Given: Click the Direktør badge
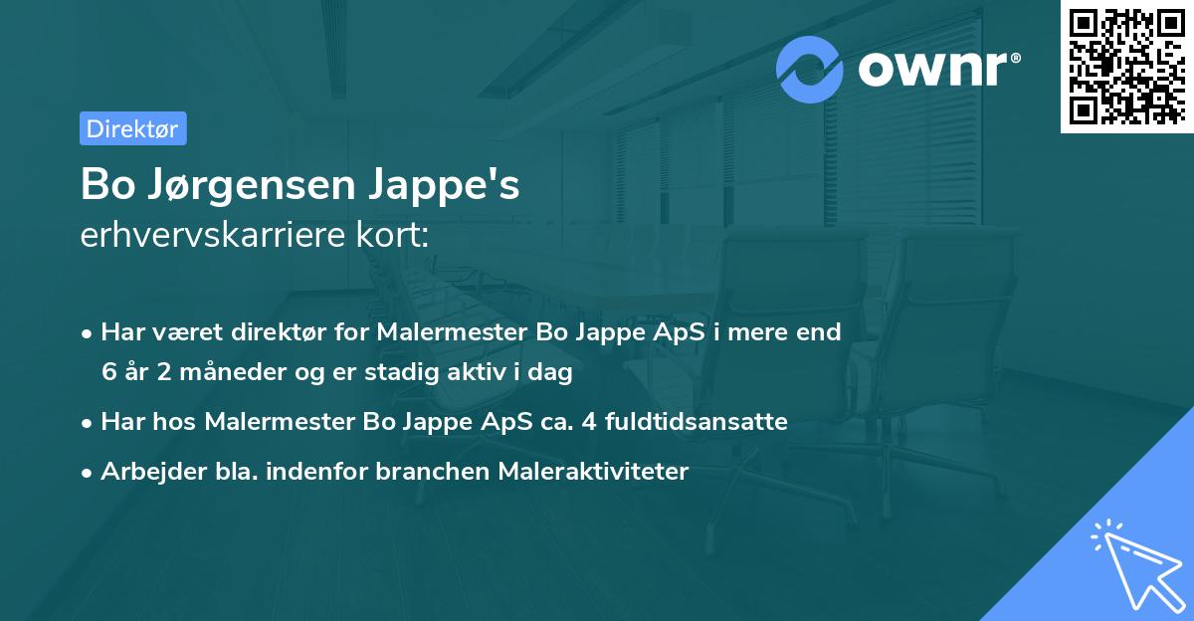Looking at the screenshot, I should click(x=132, y=128).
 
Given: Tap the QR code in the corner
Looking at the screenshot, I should click(x=1126, y=67).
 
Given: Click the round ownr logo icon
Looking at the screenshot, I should click(x=810, y=69).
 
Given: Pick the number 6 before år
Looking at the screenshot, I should click(x=107, y=372).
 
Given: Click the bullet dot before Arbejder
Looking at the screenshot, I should click(x=88, y=472).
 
